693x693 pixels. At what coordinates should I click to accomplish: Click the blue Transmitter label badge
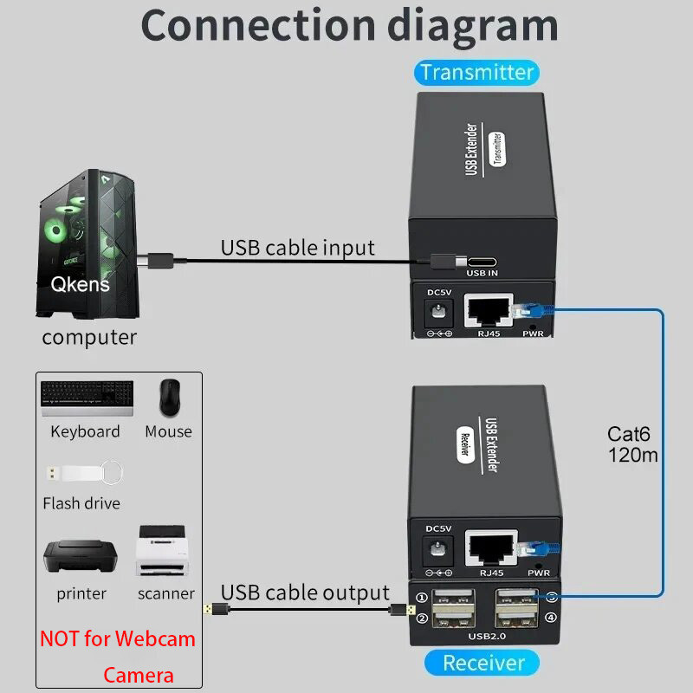[x=476, y=72]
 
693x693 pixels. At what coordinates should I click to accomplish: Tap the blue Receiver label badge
[x=483, y=663]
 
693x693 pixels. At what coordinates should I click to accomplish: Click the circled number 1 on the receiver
[x=422, y=597]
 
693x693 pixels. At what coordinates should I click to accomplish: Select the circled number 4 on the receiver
[x=552, y=619]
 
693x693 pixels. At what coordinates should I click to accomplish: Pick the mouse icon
[x=169, y=397]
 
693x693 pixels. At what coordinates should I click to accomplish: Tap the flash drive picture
[x=82, y=474]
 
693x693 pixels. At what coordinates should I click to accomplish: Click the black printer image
[x=81, y=556]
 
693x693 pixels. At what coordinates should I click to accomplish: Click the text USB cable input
[x=297, y=248]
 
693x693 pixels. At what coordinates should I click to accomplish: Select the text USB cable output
[x=305, y=593]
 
